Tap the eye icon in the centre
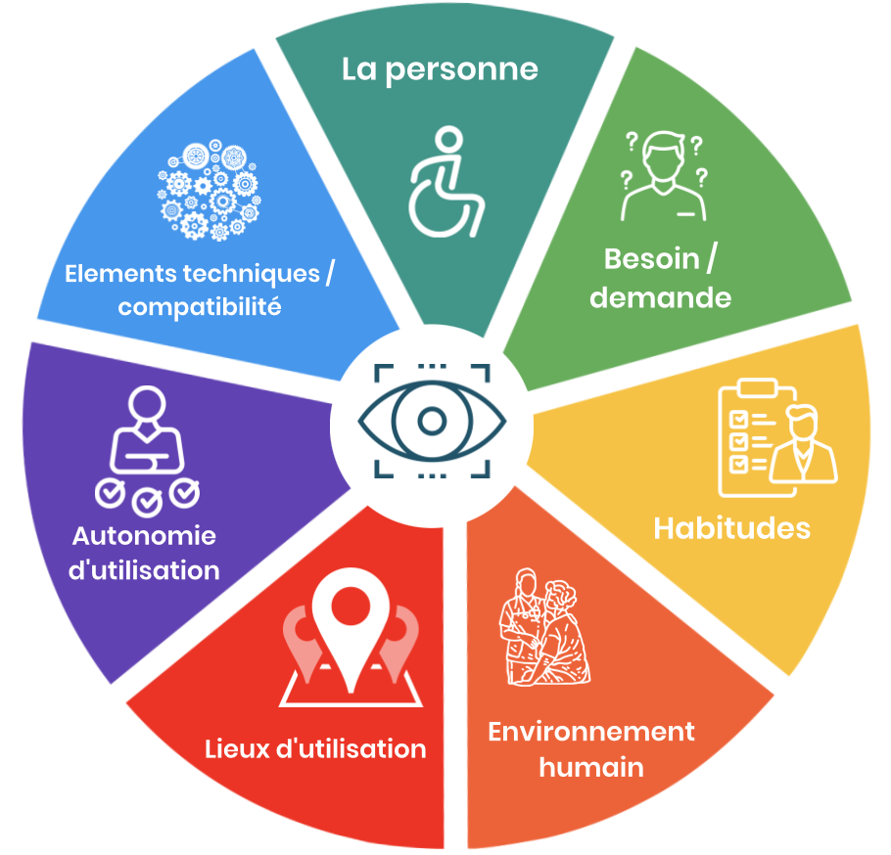click(x=432, y=421)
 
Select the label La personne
click(x=440, y=69)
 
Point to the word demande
click(x=661, y=297)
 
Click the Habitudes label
click(x=731, y=528)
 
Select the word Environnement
click(x=591, y=732)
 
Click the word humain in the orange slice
click(x=591, y=767)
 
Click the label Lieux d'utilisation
click(x=315, y=750)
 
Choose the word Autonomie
click(x=144, y=537)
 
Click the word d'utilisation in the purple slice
click(x=144, y=570)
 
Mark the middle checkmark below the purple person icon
click(x=148, y=502)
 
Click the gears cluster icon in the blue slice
click(x=209, y=192)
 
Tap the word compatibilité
click(x=200, y=307)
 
